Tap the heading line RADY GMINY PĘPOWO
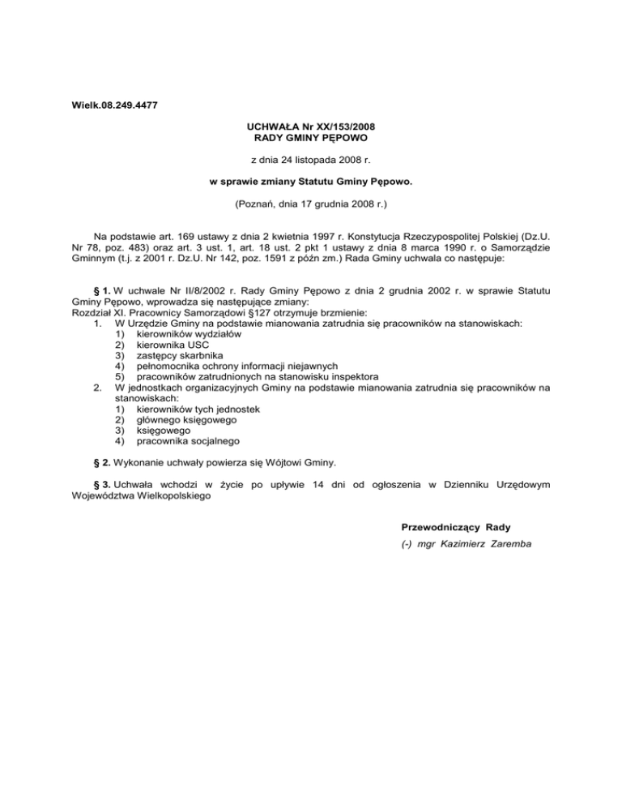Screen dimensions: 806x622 (x=312, y=138)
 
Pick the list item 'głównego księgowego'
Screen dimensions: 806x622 (x=188, y=420)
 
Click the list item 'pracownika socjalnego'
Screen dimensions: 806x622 (x=189, y=442)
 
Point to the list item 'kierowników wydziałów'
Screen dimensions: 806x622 (x=189, y=334)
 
